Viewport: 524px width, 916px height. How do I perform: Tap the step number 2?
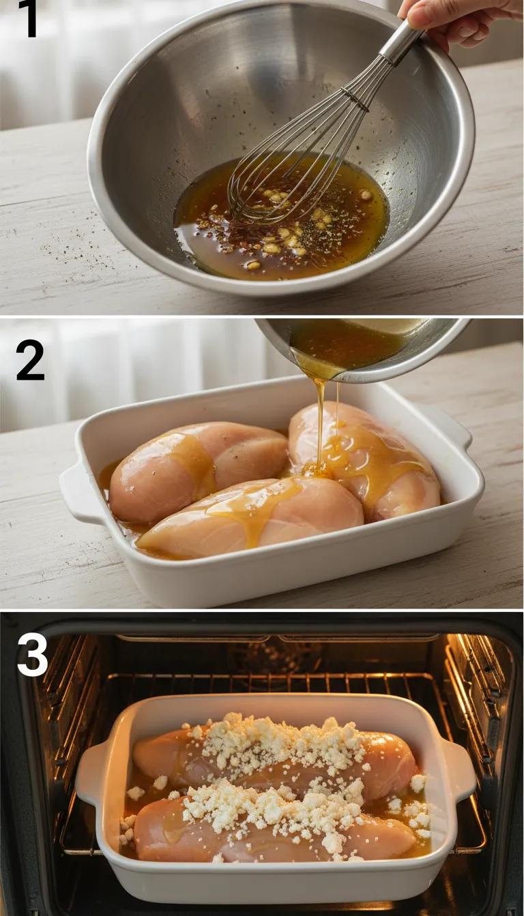(30, 360)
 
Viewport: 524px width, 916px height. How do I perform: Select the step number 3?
(32, 656)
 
